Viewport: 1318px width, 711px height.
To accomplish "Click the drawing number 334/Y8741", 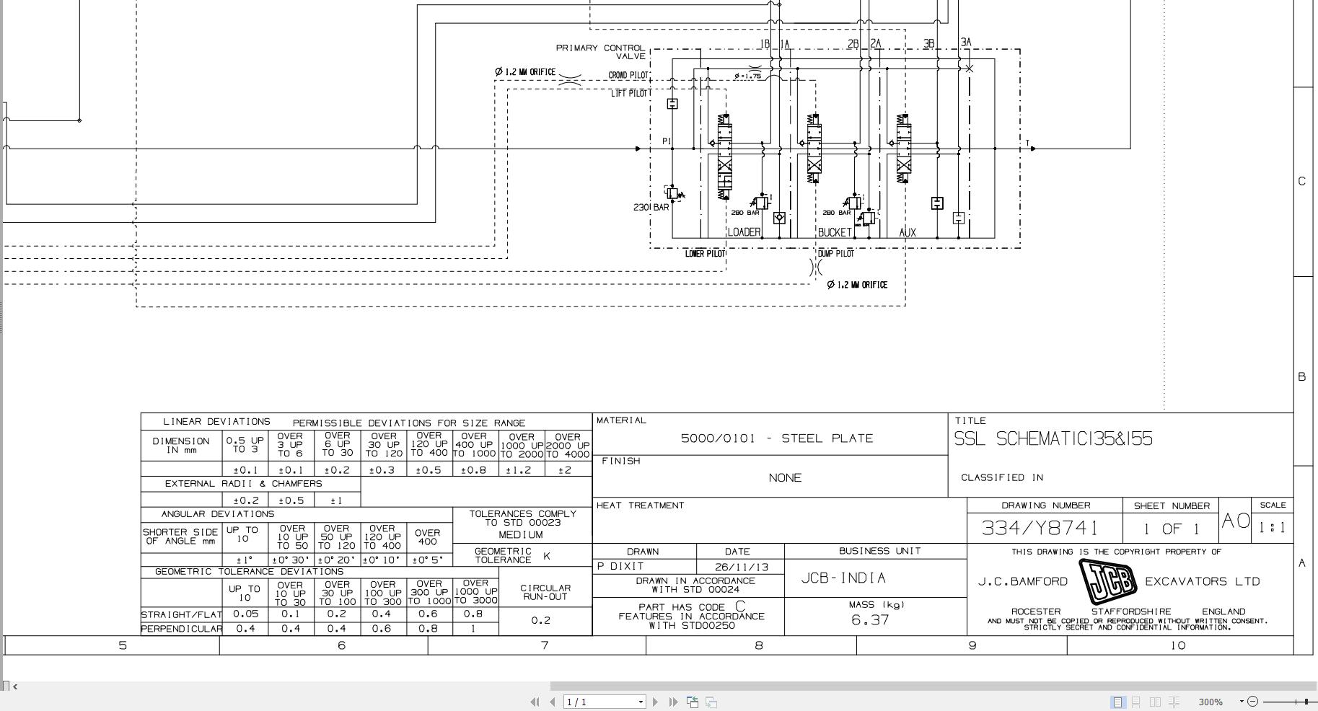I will coord(1040,528).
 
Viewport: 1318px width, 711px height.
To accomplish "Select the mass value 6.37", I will coord(870,620).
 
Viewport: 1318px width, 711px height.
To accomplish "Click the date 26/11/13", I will coord(737,568).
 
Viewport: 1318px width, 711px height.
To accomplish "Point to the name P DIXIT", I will coord(620,567).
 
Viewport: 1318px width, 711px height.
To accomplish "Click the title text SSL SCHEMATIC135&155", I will coord(1053,439).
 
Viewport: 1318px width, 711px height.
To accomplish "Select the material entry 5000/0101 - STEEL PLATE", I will coord(777,438).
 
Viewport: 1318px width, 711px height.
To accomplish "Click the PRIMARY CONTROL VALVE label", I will coord(600,52).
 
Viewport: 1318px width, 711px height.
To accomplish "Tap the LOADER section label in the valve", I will coord(744,232).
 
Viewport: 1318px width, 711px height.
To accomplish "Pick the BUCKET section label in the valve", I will coord(835,232).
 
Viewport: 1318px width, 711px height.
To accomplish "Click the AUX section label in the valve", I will coord(908,232).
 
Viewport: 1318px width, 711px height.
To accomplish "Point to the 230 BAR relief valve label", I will coord(651,208).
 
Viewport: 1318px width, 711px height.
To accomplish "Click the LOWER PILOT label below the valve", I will coord(705,254).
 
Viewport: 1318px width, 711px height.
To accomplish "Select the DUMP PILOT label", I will coord(836,254).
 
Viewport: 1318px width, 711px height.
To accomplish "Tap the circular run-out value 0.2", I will coord(540,621).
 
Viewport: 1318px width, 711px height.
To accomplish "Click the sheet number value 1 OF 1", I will coord(1171,529).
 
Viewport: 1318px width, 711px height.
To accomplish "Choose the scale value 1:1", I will coord(1272,528).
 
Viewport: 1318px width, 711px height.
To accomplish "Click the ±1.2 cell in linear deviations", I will coord(521,470).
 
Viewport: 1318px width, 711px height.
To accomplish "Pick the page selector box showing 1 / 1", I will coord(604,702).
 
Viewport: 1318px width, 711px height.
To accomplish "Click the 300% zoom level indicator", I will coord(1210,702).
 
